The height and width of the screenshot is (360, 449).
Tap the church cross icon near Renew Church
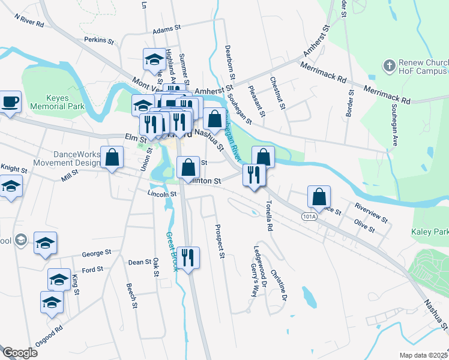coord(390,65)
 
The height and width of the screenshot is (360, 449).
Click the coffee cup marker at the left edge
coord(10,101)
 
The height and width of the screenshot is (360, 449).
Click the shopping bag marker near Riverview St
coord(319,196)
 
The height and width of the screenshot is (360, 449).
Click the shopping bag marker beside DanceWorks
coord(112,158)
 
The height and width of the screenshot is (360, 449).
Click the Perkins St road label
coord(99,41)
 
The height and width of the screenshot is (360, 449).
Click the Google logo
coord(19,353)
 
